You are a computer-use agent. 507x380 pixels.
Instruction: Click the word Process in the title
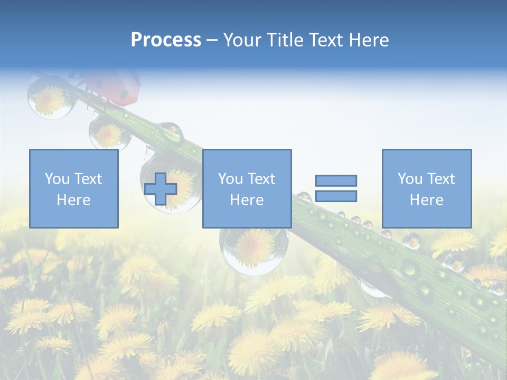(166, 40)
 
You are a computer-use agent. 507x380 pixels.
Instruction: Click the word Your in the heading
(242, 40)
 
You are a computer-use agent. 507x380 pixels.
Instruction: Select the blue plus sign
(161, 189)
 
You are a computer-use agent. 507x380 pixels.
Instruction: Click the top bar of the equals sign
(336, 180)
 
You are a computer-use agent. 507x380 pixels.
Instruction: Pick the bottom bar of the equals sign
(336, 196)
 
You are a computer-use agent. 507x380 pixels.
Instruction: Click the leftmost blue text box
(73, 188)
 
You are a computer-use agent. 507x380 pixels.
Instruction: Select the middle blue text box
(247, 188)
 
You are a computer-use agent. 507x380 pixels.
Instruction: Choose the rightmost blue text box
(426, 188)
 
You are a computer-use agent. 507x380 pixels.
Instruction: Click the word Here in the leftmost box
(73, 200)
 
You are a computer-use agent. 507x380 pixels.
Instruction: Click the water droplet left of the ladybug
(49, 96)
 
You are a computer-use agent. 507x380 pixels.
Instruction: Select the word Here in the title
(370, 40)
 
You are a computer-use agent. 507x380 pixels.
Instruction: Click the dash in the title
(212, 40)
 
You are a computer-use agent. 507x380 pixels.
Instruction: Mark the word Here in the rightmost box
(426, 200)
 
